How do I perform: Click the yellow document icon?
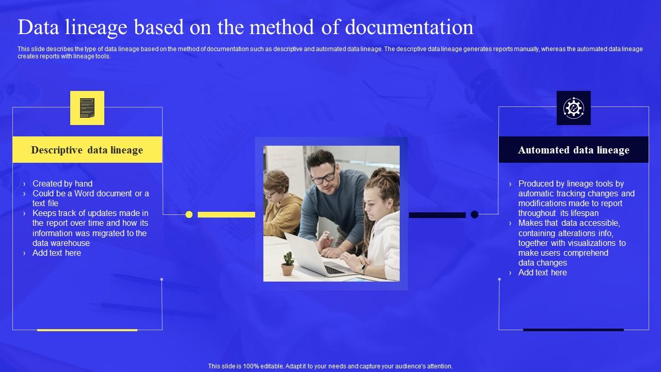click(87, 108)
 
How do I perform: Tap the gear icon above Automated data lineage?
click(573, 108)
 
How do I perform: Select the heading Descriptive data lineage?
click(87, 150)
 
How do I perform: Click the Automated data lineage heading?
click(573, 150)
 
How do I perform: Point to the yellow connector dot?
click(189, 214)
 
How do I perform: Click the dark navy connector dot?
click(475, 214)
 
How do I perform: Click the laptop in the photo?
click(315, 255)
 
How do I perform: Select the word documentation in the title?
click(408, 27)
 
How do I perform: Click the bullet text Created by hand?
click(62, 183)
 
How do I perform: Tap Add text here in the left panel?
click(57, 253)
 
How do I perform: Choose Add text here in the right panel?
click(542, 272)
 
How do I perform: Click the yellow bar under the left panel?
click(87, 330)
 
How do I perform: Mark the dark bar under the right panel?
click(573, 330)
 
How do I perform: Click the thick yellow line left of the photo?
click(226, 214)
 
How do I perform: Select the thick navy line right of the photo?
click(437, 215)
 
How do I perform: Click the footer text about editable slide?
click(330, 366)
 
